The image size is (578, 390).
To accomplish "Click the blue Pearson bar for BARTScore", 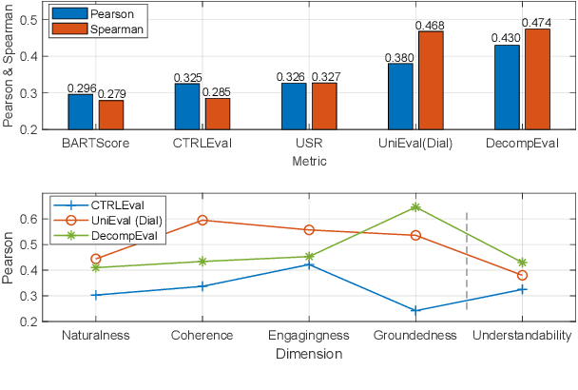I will click(81, 111).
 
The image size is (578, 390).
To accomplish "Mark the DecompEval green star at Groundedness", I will click(414, 206).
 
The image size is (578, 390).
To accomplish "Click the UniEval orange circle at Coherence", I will click(202, 220).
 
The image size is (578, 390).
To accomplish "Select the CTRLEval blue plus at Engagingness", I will click(308, 263).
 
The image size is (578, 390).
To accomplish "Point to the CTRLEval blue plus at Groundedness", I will click(414, 310).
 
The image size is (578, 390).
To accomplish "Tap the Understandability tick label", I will click(522, 336).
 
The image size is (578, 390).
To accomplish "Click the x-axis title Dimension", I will click(309, 353).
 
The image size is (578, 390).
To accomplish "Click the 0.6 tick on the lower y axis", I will click(38, 219).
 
